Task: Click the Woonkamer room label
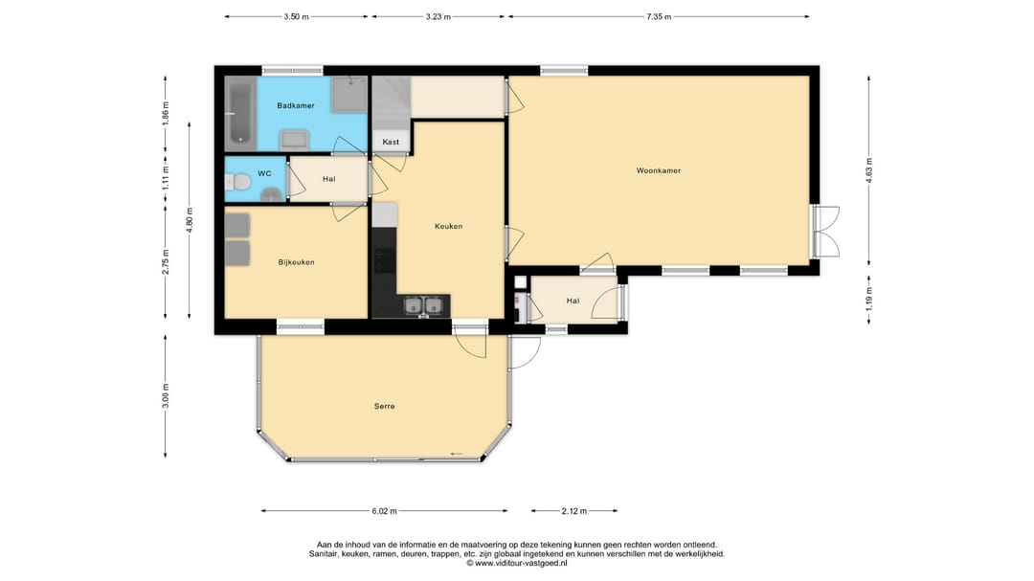tap(658, 170)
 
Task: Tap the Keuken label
tap(448, 226)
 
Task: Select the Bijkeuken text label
tap(296, 262)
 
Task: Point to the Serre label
tap(385, 406)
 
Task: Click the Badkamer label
tap(296, 105)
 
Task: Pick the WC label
tap(264, 173)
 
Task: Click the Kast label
tap(391, 142)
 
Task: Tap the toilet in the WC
tap(238, 182)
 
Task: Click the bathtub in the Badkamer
tap(240, 113)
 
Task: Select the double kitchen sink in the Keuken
tap(423, 306)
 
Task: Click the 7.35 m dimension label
tap(658, 16)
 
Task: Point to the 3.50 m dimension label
tap(296, 16)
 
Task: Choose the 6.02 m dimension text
tap(385, 511)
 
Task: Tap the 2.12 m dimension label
tap(573, 511)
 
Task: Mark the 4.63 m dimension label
tap(869, 170)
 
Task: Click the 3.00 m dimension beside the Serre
tap(166, 395)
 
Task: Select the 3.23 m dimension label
tap(438, 16)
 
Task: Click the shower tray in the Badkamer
tap(348, 95)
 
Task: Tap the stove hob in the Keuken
tap(385, 260)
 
